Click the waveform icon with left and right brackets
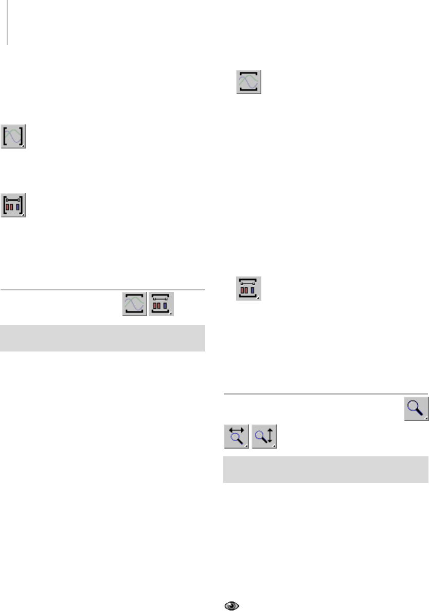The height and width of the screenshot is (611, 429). (13, 137)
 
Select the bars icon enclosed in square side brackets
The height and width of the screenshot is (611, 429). (13, 206)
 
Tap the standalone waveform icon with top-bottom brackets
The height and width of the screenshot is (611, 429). (249, 82)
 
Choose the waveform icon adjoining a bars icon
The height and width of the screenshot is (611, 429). (135, 304)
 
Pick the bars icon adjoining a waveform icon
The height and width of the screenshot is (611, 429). (161, 304)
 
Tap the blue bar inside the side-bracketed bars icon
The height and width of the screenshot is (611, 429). (18, 207)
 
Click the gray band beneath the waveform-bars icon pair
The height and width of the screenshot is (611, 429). (103, 338)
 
